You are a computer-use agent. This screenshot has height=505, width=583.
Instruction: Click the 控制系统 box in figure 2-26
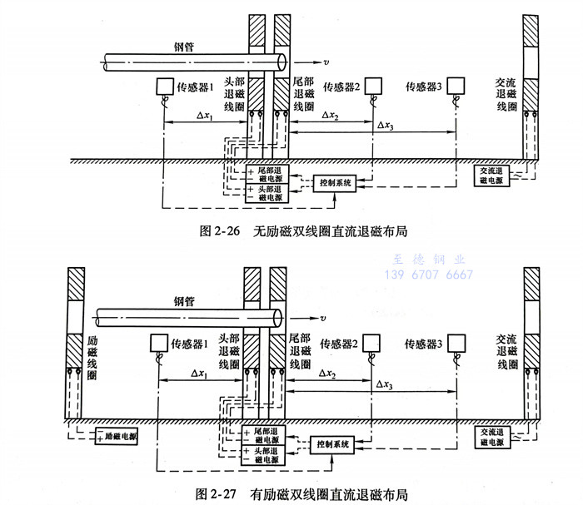coord(333,181)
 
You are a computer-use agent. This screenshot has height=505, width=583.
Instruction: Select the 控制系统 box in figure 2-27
coord(333,443)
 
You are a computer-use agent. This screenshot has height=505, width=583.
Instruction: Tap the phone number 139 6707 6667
coord(427,275)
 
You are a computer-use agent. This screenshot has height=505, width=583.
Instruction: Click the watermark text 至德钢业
coord(427,260)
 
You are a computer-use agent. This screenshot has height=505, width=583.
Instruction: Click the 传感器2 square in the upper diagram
coord(371,85)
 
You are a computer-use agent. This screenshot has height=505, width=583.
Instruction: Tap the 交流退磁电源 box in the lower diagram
coord(492,436)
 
